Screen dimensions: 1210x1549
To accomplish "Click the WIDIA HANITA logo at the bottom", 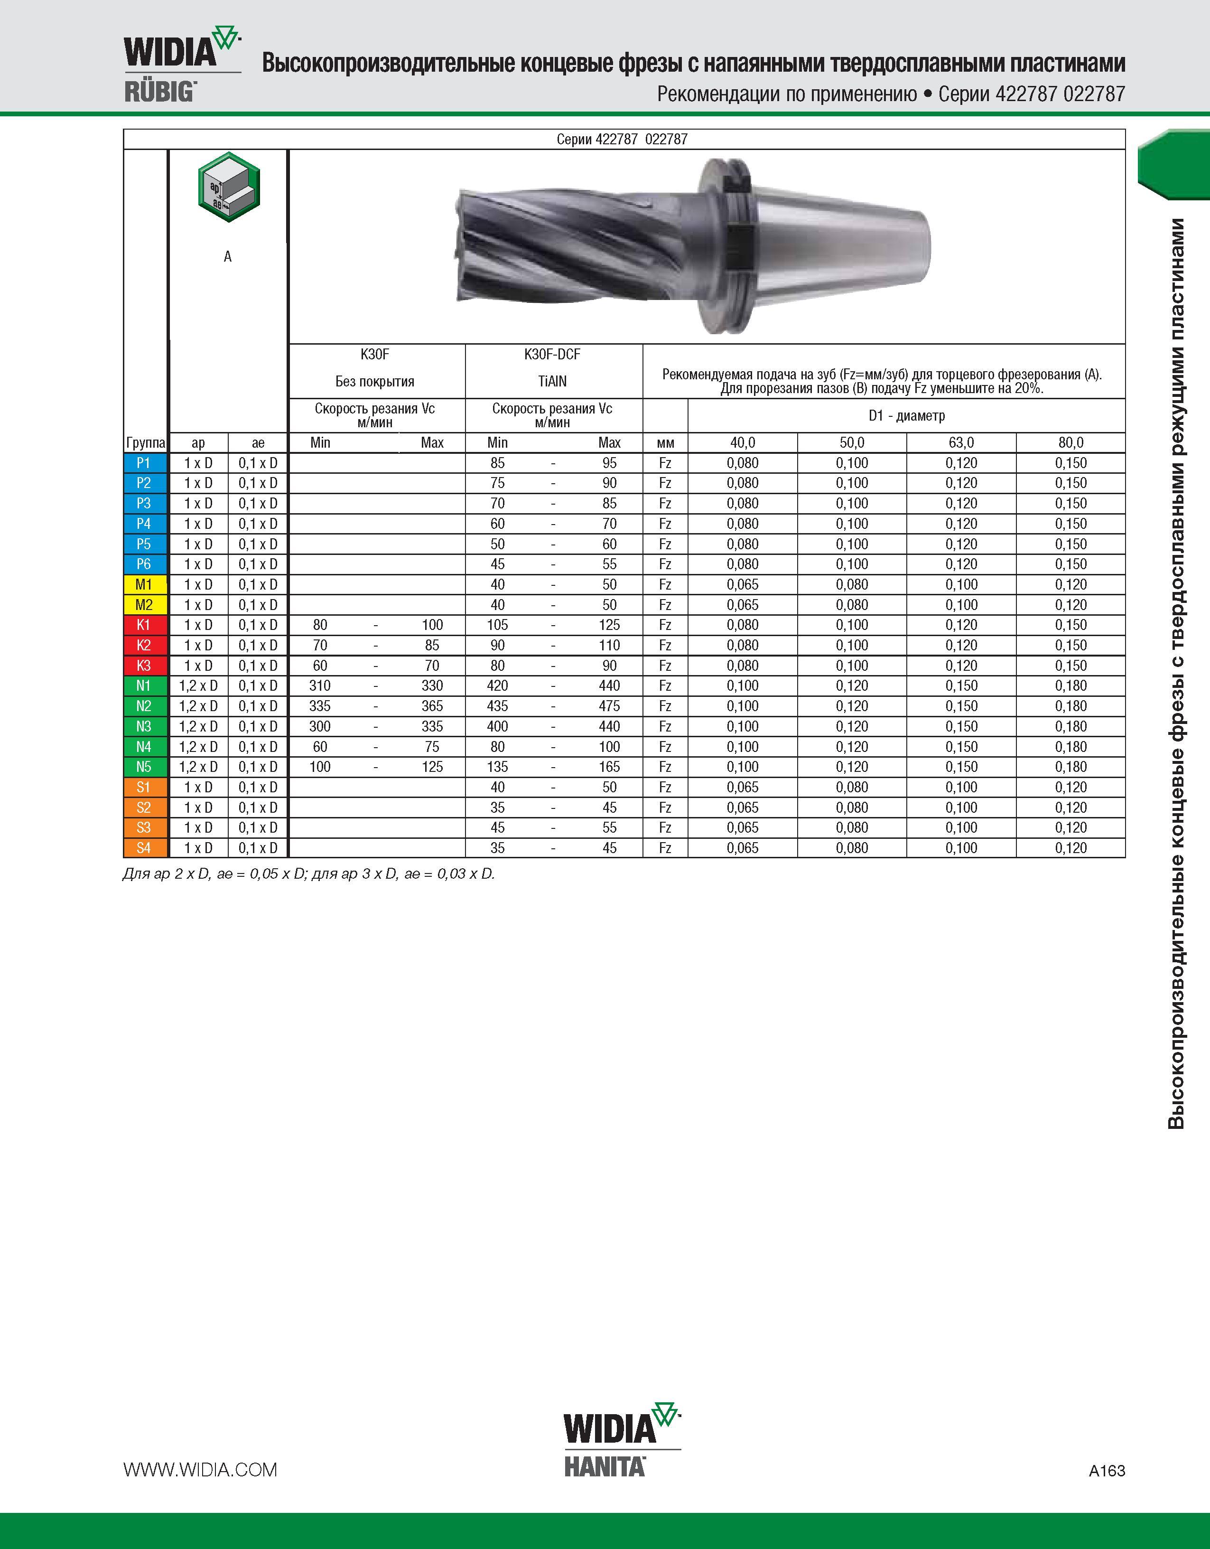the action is tap(622, 1439).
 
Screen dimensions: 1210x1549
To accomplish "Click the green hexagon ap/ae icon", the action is tap(228, 187).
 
